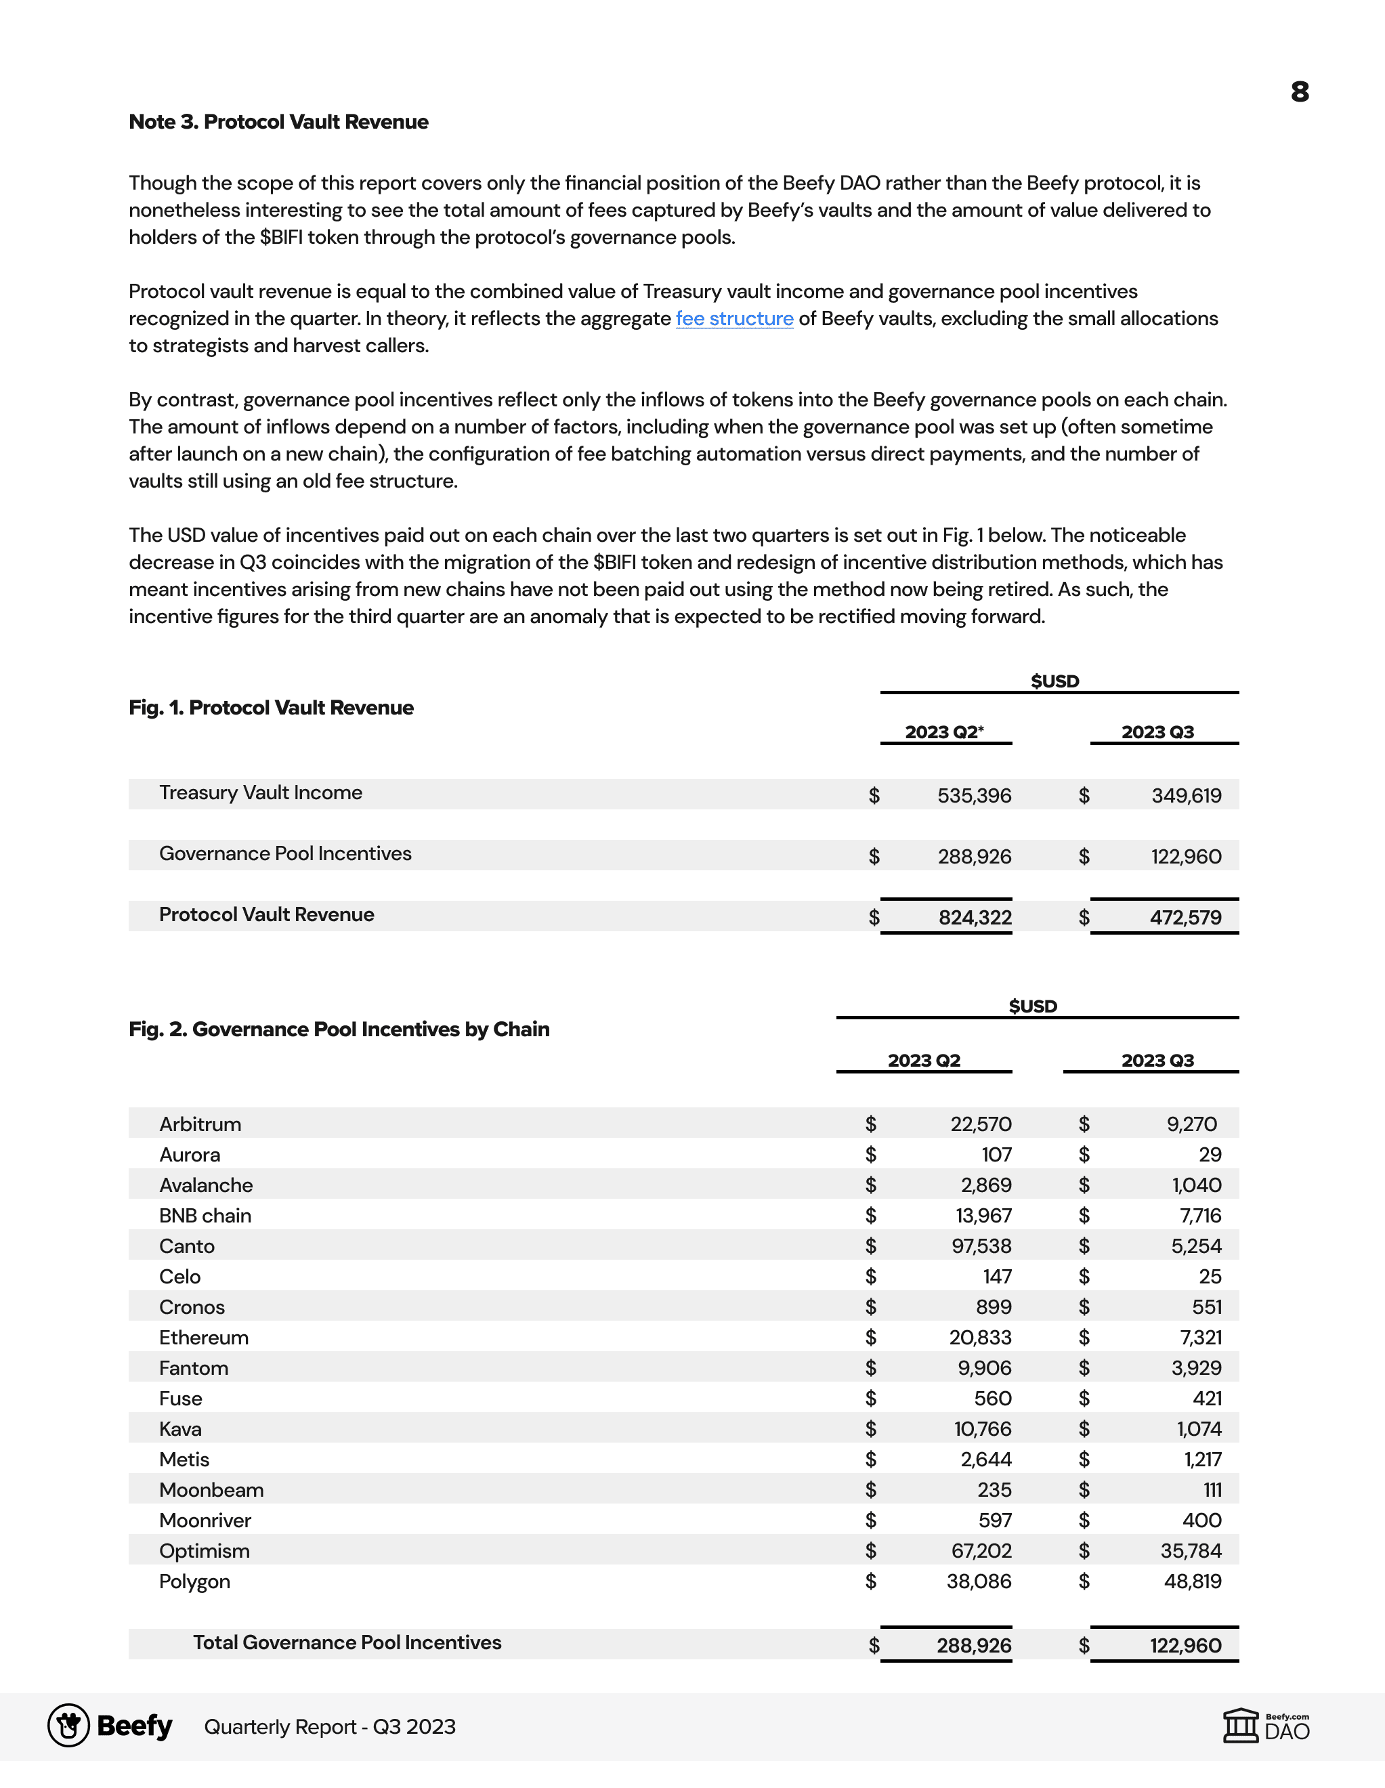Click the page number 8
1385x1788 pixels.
pyautogui.click(x=1299, y=91)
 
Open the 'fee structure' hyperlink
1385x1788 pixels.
pyautogui.click(x=734, y=318)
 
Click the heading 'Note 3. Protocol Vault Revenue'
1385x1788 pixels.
pyautogui.click(x=278, y=122)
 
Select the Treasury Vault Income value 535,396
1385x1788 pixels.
pyautogui.click(x=974, y=795)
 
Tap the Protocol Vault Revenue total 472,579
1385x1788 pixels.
pyautogui.click(x=1185, y=917)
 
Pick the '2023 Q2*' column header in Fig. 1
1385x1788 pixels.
pyautogui.click(x=944, y=732)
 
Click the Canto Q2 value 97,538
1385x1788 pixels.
pyautogui.click(x=981, y=1246)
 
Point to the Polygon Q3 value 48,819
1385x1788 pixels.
pyautogui.click(x=1193, y=1581)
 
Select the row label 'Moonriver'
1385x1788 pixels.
pyautogui.click(x=205, y=1520)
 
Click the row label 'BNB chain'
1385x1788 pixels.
pyautogui.click(x=205, y=1216)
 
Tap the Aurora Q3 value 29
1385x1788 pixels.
pyautogui.click(x=1210, y=1154)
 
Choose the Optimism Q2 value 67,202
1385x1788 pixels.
pyautogui.click(x=981, y=1550)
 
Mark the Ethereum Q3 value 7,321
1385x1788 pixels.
pyautogui.click(x=1201, y=1338)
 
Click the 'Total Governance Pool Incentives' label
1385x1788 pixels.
pyautogui.click(x=347, y=1642)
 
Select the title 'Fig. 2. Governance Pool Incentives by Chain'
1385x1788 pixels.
pyautogui.click(x=339, y=1029)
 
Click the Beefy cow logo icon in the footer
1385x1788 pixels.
pyautogui.click(x=69, y=1726)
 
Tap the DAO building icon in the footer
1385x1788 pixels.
pyautogui.click(x=1241, y=1726)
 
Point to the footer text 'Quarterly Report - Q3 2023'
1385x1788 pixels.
pyautogui.click(x=329, y=1726)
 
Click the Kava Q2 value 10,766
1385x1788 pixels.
pyautogui.click(x=982, y=1428)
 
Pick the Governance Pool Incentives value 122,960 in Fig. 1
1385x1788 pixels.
pyautogui.click(x=1185, y=856)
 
